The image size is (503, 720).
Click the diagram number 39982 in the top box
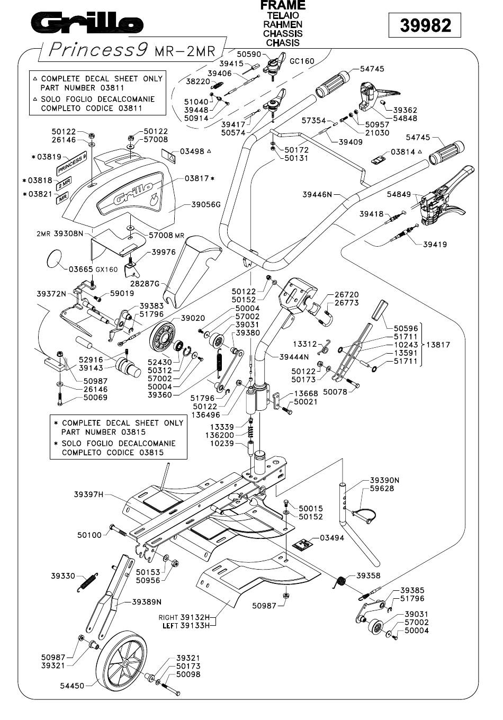[x=425, y=25]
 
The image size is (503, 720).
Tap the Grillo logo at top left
[x=87, y=22]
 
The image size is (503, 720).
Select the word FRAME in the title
[x=283, y=5]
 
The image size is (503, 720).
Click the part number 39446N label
[x=317, y=194]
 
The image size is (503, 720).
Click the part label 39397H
[x=89, y=494]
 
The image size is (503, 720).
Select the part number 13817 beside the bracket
[x=438, y=345]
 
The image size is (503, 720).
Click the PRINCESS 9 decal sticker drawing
[x=72, y=163]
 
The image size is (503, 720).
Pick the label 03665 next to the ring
[x=80, y=269]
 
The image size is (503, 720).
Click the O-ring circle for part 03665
[x=53, y=258]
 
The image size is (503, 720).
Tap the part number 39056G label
[x=206, y=204]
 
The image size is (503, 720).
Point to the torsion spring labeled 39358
[x=340, y=582]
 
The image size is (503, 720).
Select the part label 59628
[x=382, y=488]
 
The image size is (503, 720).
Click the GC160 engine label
[x=302, y=61]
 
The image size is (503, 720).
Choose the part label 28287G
[x=145, y=284]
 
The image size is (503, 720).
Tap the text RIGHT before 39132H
[x=168, y=617]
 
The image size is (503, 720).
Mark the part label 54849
[x=399, y=194]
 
